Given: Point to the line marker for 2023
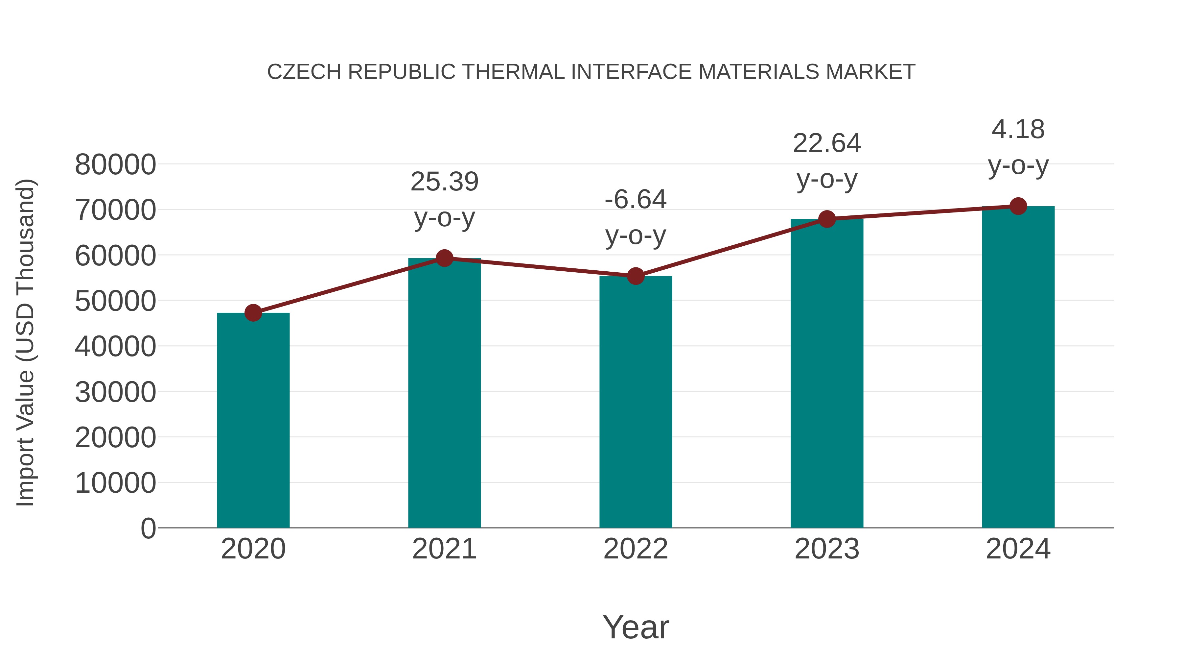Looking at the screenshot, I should coord(827,219).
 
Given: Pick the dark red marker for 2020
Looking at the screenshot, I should coord(253,313).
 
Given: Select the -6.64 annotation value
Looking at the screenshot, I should coord(636,200).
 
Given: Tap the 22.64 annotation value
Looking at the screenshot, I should coord(827,143).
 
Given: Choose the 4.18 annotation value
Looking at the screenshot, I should coord(1018,130).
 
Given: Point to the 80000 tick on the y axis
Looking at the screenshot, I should coord(115,165).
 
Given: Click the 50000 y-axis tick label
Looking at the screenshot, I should coord(115,302).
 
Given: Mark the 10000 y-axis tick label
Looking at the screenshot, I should coord(115,483).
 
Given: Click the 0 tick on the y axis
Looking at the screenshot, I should coord(148,529).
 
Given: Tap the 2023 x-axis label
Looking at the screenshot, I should coord(827,549).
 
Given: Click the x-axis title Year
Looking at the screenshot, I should coord(636,627).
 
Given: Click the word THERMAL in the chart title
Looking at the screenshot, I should coord(513,72).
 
